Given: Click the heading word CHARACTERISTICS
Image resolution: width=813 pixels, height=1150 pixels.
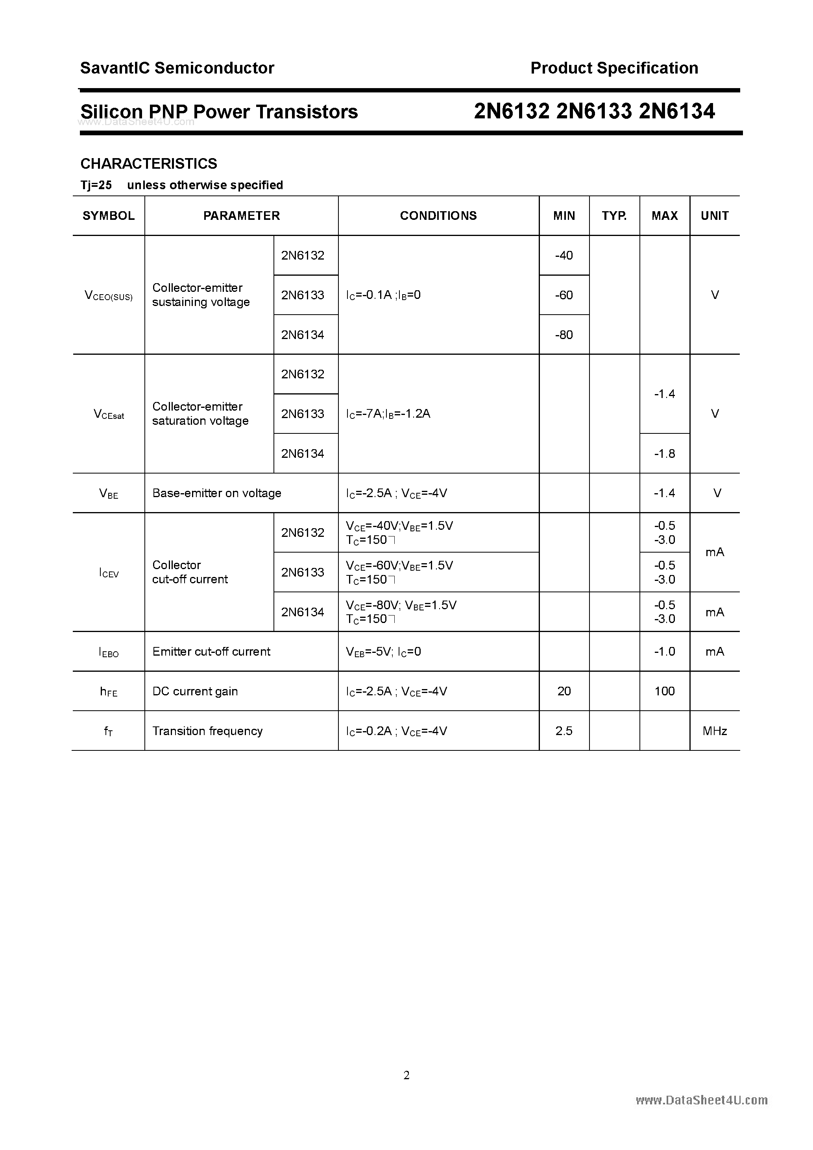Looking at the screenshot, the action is coord(149,164).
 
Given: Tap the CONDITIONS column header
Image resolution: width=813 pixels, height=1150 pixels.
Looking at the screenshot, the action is coord(438,216).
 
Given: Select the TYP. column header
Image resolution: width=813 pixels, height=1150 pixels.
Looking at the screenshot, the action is coord(614,216).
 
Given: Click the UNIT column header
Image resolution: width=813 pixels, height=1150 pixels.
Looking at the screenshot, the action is coord(714,216).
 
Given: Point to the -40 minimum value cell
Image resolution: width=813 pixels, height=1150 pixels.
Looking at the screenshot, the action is coord(564,255).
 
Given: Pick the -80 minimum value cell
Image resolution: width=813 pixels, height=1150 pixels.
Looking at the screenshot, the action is coord(564,335).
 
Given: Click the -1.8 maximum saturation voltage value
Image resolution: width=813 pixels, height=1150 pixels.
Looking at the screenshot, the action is coord(664,453).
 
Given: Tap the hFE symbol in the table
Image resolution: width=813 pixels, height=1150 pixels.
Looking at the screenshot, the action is coord(109,692).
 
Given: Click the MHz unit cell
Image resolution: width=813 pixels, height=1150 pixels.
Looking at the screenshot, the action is coord(714,731).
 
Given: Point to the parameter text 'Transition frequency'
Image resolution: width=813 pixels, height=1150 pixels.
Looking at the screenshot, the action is coord(207,731).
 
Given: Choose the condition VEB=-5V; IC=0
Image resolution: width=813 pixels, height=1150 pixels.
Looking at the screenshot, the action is coord(383,652).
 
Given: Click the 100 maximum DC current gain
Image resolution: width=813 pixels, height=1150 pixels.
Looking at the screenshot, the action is coord(664,691).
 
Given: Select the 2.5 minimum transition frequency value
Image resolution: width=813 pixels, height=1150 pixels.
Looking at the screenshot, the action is coord(564,731).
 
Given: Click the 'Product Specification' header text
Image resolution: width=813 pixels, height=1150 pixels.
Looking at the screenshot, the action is coord(614,68).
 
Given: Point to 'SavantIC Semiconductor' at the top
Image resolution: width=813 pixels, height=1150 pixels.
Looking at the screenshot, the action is coord(177,68).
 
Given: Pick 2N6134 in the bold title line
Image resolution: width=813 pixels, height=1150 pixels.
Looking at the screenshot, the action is coord(677,111).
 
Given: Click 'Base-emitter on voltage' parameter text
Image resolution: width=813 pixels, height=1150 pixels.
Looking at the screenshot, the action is coord(216,493).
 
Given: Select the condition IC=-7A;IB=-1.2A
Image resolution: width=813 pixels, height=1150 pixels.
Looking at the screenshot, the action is coord(388,414).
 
